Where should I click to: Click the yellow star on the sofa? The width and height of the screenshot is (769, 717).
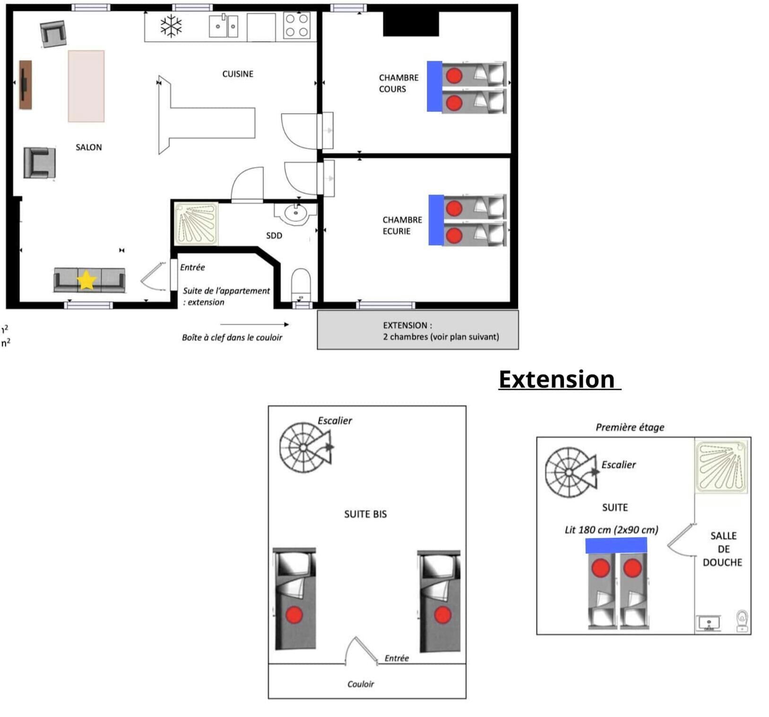86,280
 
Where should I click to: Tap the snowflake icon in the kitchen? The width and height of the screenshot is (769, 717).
171,26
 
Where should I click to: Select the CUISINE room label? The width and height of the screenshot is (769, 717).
238,74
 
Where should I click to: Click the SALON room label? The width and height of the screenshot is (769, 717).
89,147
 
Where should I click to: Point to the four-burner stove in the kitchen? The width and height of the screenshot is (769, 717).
297,26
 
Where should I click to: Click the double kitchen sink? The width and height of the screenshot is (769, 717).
224,26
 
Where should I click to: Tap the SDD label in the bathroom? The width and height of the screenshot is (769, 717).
274,235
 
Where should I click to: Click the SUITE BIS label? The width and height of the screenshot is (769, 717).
365,514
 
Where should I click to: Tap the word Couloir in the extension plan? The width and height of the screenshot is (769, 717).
361,684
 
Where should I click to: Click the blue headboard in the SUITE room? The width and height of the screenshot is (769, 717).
616,545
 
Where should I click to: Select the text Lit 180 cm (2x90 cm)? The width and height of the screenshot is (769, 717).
611,530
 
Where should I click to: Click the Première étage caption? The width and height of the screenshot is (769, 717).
630,427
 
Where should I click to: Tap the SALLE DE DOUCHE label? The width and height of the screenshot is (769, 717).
723,549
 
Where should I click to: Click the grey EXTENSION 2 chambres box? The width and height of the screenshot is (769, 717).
418,330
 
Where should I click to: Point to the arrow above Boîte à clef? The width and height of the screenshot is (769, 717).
254,324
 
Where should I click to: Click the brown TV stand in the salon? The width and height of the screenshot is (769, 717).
25,85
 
